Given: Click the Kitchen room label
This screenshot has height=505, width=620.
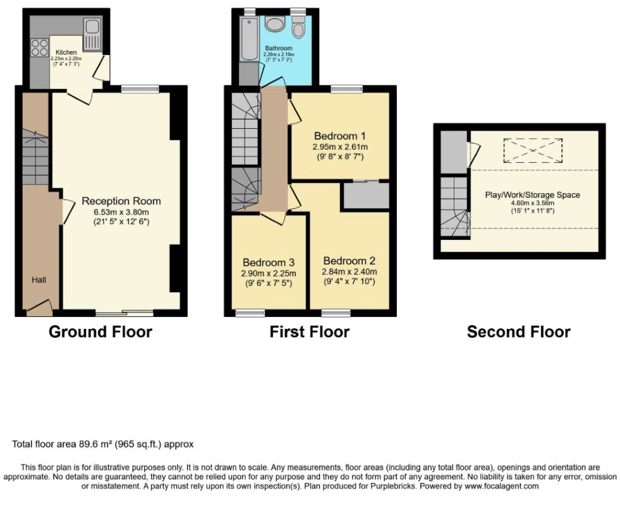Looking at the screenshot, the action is click(x=66, y=52).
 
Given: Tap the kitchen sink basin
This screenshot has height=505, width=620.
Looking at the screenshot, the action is click(x=92, y=27).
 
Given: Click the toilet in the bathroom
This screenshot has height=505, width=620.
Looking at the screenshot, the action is click(x=298, y=27).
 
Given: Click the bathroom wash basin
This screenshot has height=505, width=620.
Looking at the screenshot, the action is click(x=274, y=24).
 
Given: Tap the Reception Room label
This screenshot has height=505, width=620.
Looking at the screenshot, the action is click(x=121, y=201).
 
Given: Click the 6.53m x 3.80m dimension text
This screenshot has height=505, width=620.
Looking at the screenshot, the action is click(x=121, y=212).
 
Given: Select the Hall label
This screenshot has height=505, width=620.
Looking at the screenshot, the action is click(x=39, y=280).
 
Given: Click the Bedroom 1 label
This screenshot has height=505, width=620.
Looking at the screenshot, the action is click(x=339, y=136).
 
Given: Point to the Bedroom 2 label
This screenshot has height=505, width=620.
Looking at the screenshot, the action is click(x=349, y=261).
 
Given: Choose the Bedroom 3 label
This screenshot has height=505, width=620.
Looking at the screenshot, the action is click(x=269, y=263).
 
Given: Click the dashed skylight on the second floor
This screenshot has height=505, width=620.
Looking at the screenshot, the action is click(x=533, y=150).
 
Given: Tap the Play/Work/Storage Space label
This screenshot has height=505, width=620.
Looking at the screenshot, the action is click(x=533, y=195).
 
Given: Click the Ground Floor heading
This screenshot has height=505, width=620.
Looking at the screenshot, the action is click(x=100, y=331).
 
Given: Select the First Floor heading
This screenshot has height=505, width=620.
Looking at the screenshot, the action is click(x=310, y=331).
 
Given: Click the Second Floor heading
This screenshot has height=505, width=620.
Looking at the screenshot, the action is click(x=519, y=331).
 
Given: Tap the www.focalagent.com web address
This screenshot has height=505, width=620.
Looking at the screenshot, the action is click(x=501, y=486).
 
